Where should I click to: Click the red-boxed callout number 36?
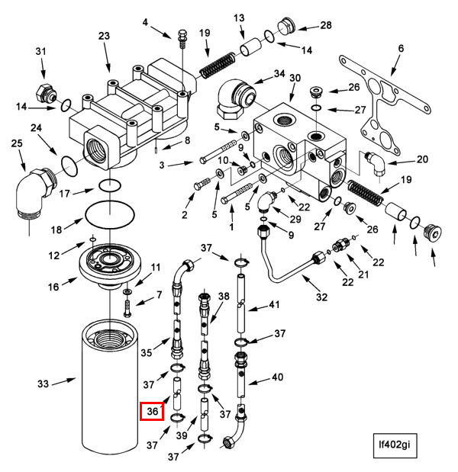(153, 412)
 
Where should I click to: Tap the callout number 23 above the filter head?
(105, 36)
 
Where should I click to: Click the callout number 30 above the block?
(295, 78)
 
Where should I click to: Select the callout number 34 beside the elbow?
(279, 74)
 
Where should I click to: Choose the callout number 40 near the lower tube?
(277, 377)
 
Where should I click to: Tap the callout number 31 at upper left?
(41, 51)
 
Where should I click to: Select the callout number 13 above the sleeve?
(239, 18)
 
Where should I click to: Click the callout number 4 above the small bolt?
(145, 21)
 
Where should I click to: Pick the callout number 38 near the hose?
(224, 296)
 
